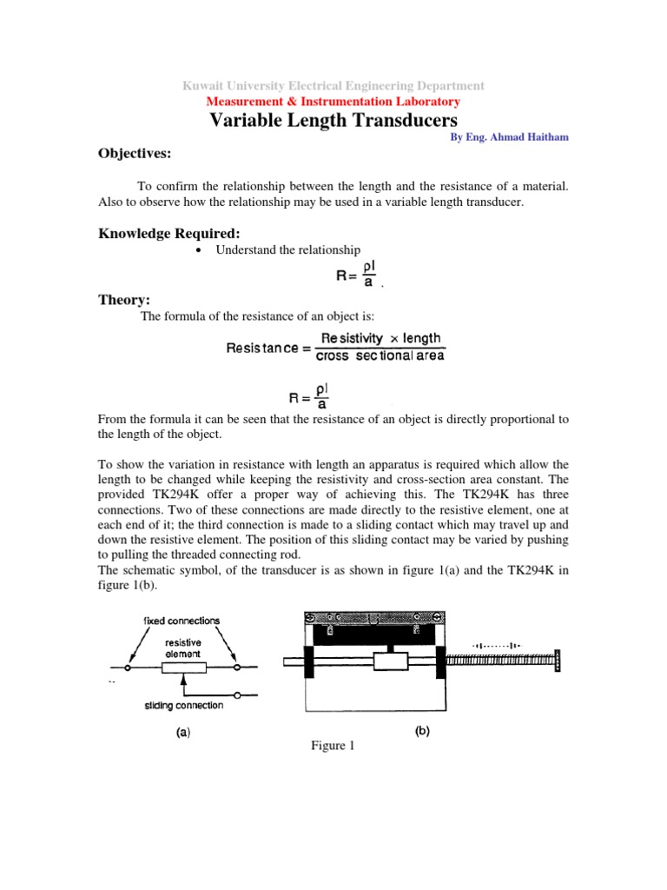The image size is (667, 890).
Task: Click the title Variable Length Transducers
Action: point(333,120)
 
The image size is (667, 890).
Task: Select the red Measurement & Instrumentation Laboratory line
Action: point(333,102)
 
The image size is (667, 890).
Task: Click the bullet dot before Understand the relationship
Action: point(199,250)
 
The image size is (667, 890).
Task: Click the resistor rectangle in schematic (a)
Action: point(184,667)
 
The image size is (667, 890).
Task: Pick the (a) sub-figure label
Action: point(183,733)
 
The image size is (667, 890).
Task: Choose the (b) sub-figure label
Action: point(421,732)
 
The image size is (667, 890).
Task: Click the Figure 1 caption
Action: point(333,747)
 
